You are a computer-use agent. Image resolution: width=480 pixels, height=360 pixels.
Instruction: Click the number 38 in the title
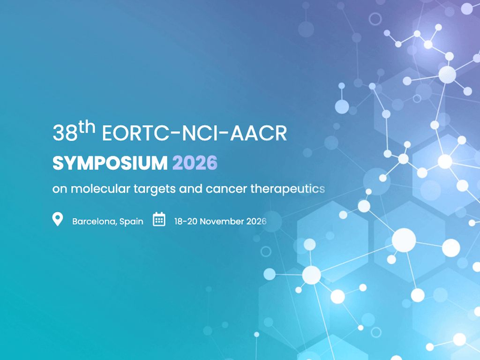point(65,133)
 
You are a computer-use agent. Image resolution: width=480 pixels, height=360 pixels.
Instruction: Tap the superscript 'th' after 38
point(87,127)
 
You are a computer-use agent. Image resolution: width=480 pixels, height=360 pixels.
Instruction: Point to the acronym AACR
point(258,133)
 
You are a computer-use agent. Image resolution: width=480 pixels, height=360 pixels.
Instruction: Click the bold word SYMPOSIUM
point(110,163)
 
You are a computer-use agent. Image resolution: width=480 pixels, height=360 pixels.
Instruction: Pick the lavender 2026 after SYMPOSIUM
point(195,163)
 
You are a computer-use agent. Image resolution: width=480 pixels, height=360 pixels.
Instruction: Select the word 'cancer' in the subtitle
point(226,189)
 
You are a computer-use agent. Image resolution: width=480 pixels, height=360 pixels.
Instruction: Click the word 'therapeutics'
point(288,189)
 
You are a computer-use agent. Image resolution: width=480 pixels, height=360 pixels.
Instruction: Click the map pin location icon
point(58,219)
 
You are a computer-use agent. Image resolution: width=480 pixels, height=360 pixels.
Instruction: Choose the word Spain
point(131,222)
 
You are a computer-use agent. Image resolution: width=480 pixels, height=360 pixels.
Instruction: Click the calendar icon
point(159,219)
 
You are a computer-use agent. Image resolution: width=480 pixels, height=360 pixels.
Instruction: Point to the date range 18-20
point(186,221)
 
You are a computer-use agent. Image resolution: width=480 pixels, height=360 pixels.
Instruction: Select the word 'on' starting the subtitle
point(60,189)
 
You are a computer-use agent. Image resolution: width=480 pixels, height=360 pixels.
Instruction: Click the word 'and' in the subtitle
point(191,188)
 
